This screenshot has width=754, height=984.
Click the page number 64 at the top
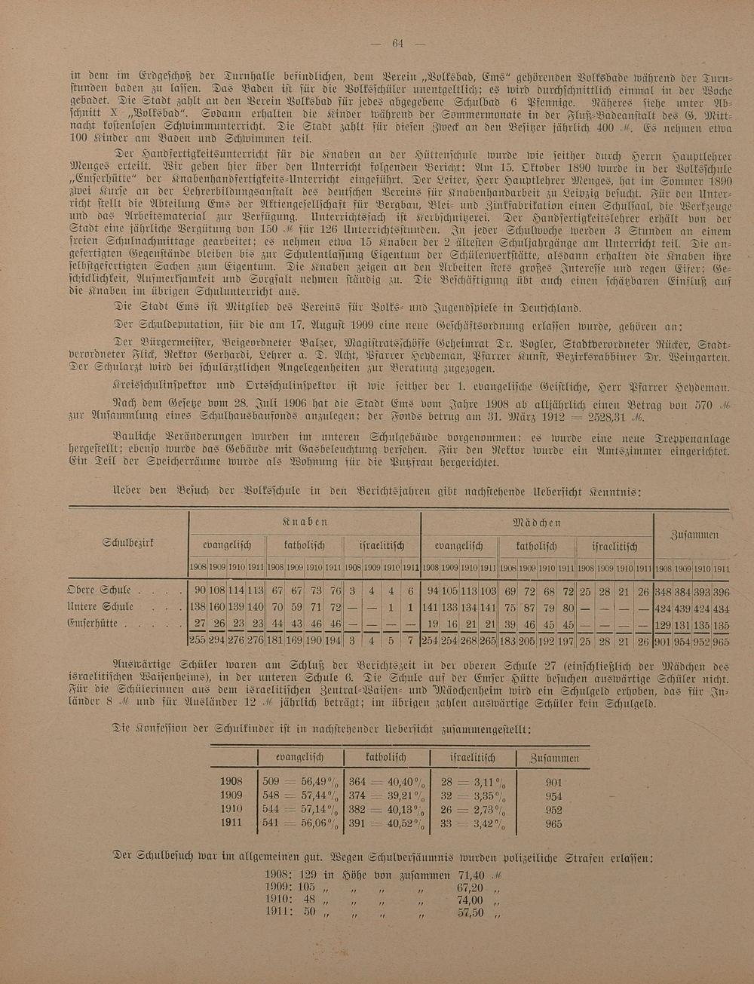point(398,43)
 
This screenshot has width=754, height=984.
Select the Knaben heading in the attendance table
point(305,522)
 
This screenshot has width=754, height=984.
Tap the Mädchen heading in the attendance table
point(536,522)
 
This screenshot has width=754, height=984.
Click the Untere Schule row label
point(100,607)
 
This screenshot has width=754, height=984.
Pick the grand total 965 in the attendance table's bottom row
point(721,642)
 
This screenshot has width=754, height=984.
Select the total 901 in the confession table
point(553,783)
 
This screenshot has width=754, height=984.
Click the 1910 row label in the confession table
point(231,809)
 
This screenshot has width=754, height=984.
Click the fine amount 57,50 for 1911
point(470,912)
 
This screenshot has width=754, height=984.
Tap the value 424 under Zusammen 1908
point(663,608)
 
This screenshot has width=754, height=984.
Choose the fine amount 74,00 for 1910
point(470,900)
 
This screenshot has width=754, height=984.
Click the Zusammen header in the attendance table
point(694,535)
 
